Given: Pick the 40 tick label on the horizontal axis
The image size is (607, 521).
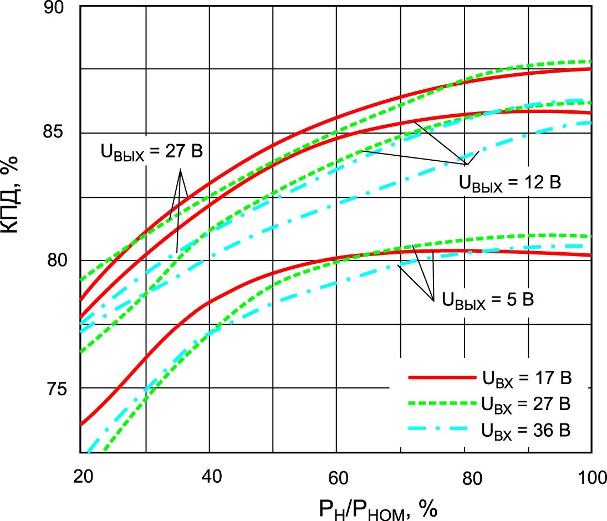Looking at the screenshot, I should pos(210,477).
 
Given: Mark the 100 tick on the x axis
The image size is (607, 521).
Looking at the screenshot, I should pos(590,477).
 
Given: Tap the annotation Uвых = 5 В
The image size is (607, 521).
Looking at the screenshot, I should pos(488,301).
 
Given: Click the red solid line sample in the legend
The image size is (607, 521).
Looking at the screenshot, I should pos(439,377).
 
